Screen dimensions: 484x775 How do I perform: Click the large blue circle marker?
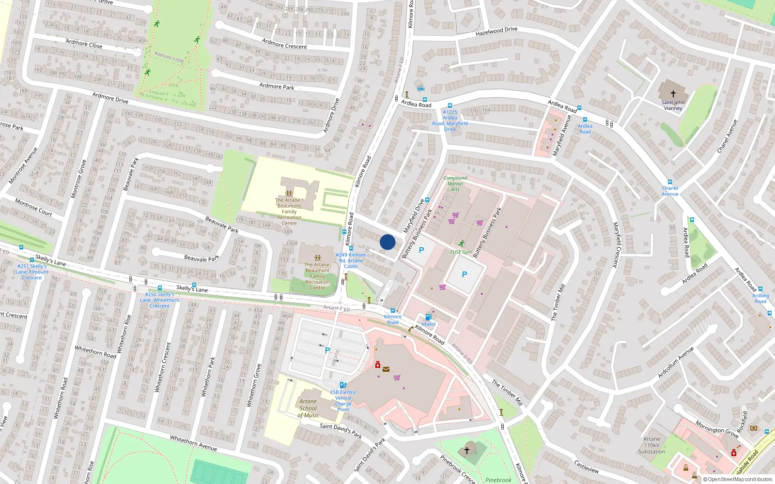coord(387,242)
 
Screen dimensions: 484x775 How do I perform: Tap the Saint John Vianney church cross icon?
coord(673,94)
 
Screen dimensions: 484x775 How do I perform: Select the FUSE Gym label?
coord(461,252)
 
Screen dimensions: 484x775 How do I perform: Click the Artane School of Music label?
coord(308,408)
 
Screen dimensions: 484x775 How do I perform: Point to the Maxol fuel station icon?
coord(428,317)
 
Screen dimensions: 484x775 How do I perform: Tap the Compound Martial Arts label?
coord(455,183)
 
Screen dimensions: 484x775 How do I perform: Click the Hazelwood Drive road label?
coord(496,31)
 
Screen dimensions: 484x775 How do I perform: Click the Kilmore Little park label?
coord(169,57)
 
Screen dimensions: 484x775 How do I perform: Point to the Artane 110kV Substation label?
coord(651,445)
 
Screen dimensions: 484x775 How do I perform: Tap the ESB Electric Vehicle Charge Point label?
coord(343,401)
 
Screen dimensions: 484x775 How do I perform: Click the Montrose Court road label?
coord(33,207)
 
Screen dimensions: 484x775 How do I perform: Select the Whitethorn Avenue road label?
coord(193,443)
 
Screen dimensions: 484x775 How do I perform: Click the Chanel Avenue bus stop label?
coord(670,191)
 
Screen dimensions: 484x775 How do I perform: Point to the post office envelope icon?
coord(386,369)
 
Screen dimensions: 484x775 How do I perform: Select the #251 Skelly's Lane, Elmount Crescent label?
coord(32,272)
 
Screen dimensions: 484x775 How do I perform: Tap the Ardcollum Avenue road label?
coord(675,362)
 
